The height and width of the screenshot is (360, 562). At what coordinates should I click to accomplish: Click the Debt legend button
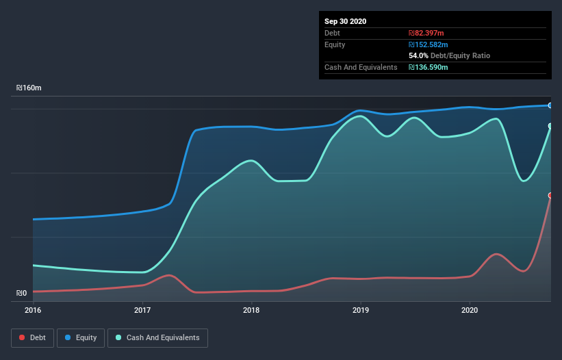click(x=31, y=337)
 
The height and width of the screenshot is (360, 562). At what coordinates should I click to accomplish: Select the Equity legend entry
click(x=81, y=337)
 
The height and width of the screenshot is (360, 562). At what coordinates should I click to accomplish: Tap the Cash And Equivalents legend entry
click(x=157, y=337)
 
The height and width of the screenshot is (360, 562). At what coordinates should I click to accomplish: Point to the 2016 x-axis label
click(x=33, y=311)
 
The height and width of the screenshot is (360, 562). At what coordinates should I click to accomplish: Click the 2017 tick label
click(x=142, y=311)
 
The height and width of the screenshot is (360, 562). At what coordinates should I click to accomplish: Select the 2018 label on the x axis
click(x=251, y=311)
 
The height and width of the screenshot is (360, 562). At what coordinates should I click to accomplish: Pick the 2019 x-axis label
click(x=361, y=311)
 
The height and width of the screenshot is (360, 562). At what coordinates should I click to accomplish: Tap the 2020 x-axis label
click(x=470, y=311)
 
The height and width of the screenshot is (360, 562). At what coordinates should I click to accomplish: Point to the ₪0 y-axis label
click(x=22, y=294)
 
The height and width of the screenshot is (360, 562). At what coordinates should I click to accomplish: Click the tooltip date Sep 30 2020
click(x=345, y=21)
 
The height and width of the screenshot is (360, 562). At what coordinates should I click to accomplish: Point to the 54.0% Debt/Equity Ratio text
click(x=449, y=55)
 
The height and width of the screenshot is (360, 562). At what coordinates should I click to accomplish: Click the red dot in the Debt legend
click(x=23, y=337)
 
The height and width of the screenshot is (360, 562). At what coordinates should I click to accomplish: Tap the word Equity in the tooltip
click(x=335, y=44)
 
